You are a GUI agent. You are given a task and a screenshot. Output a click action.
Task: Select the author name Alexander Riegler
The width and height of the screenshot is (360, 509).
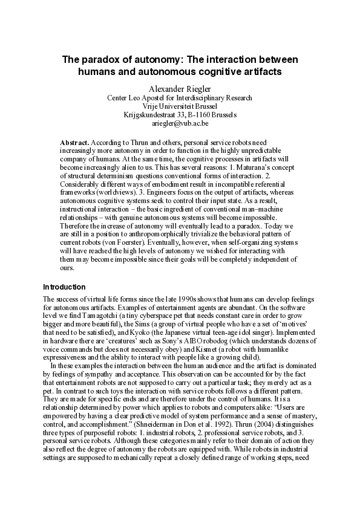point(180,88)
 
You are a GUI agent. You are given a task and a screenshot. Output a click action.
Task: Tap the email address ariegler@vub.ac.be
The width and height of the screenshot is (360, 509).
point(180,123)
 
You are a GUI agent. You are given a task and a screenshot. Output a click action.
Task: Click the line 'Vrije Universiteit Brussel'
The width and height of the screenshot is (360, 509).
point(180,106)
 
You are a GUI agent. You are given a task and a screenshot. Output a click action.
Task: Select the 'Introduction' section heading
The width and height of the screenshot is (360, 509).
point(64,287)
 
